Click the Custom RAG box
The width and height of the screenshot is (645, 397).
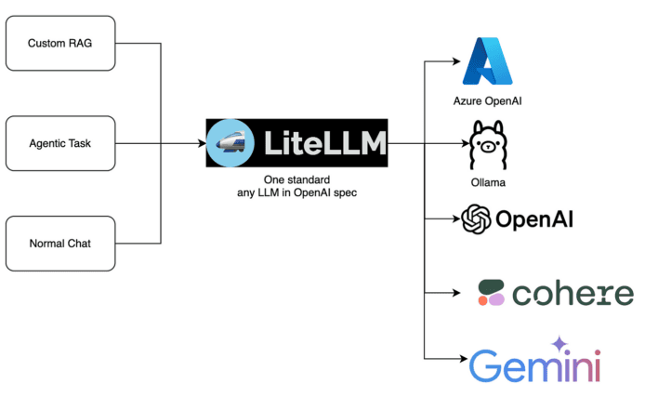pyautogui.click(x=60, y=44)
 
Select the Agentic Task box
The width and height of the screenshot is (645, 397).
pyautogui.click(x=60, y=144)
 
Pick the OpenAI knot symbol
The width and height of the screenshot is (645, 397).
pyautogui.click(x=477, y=219)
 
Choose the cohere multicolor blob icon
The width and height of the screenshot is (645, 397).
pyautogui.click(x=490, y=293)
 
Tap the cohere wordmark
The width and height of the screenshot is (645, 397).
pyautogui.click(x=572, y=294)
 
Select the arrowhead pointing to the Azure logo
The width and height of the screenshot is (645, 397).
pyautogui.click(x=456, y=61)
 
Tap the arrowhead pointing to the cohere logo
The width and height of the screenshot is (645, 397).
pyautogui.click(x=456, y=293)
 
